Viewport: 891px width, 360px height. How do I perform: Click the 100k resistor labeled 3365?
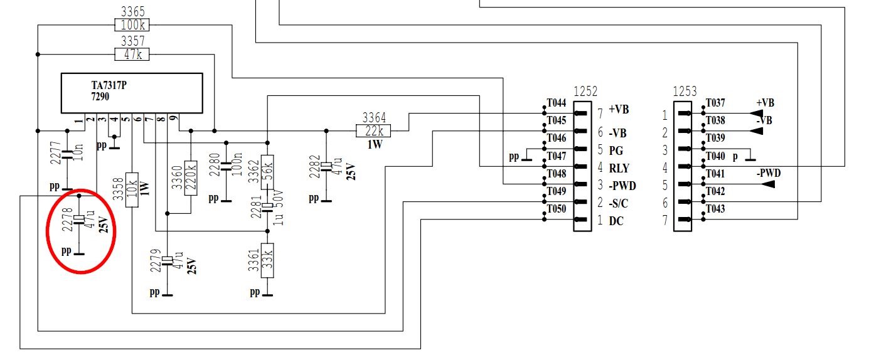tap(132, 25)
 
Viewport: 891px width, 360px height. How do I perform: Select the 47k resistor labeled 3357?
tap(132, 54)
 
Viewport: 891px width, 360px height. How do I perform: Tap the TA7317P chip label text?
tap(109, 85)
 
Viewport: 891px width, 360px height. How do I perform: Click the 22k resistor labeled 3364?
tap(373, 131)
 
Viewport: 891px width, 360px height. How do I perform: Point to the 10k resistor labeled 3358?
tap(132, 190)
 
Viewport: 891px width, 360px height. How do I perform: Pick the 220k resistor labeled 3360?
tap(191, 178)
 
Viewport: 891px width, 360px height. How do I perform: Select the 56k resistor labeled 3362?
tap(267, 172)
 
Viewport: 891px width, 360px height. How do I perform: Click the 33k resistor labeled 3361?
tap(267, 260)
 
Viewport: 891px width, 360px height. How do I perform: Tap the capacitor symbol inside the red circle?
tap(79, 220)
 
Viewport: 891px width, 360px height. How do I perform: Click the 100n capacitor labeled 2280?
tap(226, 166)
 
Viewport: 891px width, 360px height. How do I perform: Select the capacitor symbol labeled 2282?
tap(326, 166)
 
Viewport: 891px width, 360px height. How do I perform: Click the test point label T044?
tap(556, 103)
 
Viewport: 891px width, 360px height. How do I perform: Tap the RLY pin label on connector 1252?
tap(619, 168)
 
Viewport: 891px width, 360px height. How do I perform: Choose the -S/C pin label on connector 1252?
tap(618, 204)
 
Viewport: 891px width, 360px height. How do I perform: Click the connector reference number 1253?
tap(685, 92)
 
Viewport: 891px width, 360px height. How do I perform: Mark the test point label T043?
tap(715, 209)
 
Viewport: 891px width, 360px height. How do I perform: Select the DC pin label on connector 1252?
tap(616, 221)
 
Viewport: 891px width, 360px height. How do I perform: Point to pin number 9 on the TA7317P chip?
tap(174, 118)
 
